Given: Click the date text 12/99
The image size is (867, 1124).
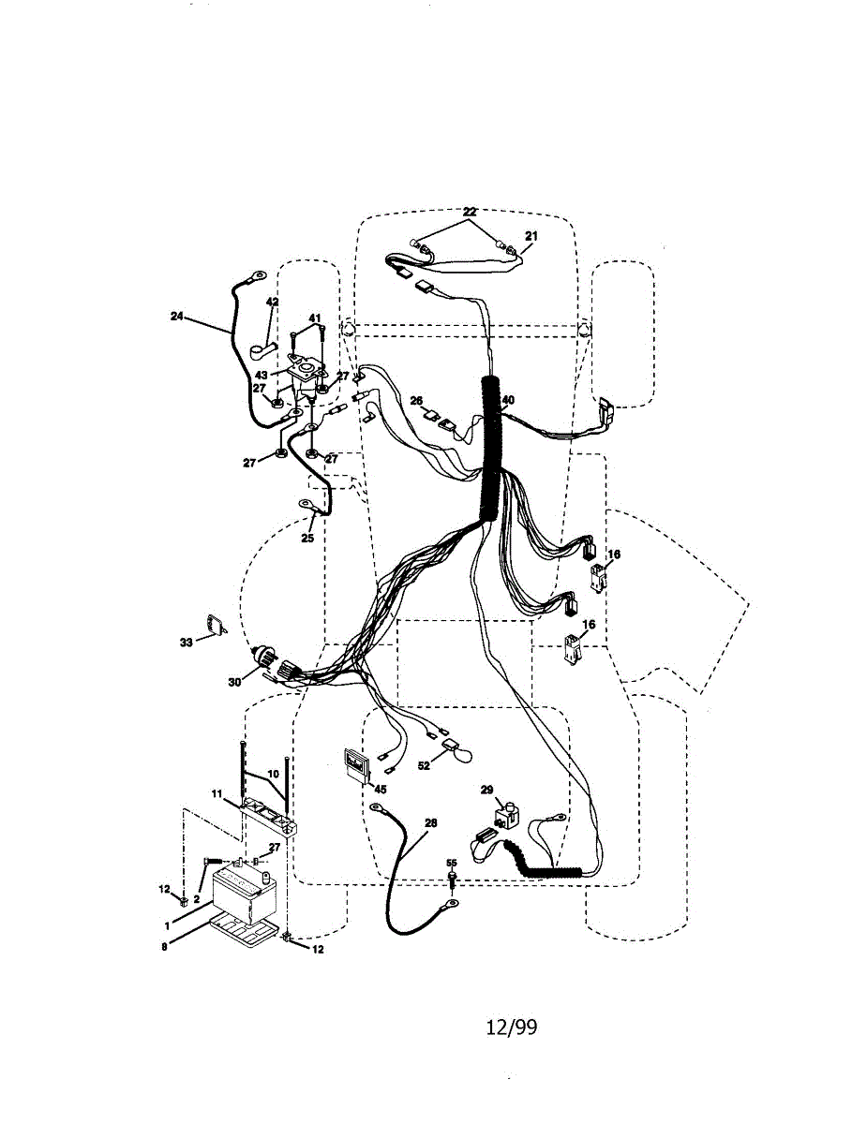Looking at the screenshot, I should [x=512, y=1028].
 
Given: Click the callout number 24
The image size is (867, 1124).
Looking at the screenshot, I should [x=176, y=317].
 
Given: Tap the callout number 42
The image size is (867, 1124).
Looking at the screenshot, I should [x=272, y=303].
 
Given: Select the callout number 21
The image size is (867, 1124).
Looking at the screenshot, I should [x=531, y=237].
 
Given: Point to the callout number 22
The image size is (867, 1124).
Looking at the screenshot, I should [x=470, y=212].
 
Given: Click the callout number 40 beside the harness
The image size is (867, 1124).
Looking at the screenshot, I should [x=508, y=400].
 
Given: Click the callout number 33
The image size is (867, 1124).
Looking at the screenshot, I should [x=186, y=643].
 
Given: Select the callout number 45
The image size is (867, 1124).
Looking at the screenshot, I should [x=380, y=789].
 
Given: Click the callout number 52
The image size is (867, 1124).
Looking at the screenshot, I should [x=424, y=765].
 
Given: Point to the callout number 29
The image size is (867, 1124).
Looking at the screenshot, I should [x=486, y=791].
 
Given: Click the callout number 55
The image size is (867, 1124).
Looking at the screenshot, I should [x=451, y=863].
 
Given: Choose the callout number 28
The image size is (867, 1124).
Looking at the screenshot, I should [x=430, y=823].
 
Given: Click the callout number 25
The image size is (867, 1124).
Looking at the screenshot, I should [x=306, y=540].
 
